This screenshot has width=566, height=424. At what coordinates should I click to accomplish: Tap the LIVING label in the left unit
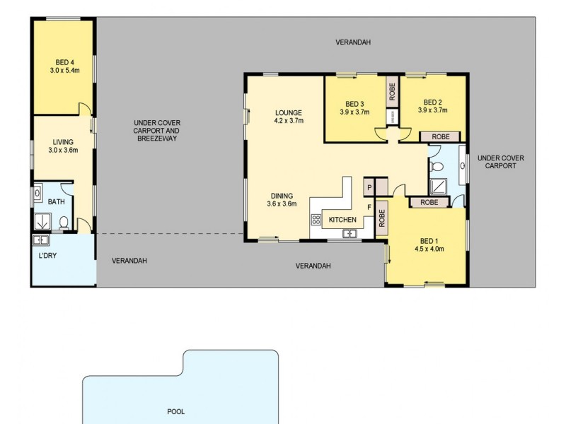63,141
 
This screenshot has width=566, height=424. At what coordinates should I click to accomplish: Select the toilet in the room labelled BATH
64,223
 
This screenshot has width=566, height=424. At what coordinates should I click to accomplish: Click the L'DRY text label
47,255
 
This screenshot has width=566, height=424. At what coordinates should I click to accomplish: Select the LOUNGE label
289,112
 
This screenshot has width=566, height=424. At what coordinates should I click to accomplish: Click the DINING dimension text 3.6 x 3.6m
282,204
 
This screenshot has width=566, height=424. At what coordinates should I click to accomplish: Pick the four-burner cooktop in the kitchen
316,220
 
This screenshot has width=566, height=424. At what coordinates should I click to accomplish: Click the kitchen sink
349,232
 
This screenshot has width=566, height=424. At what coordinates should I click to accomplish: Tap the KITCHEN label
342,220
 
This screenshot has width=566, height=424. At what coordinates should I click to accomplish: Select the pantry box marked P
369,187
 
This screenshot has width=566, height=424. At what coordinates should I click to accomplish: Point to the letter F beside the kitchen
369,206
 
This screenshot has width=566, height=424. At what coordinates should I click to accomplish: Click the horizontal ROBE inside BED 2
440,136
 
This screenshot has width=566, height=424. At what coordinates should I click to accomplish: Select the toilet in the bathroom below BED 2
437,167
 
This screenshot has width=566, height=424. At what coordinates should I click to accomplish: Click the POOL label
175,411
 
